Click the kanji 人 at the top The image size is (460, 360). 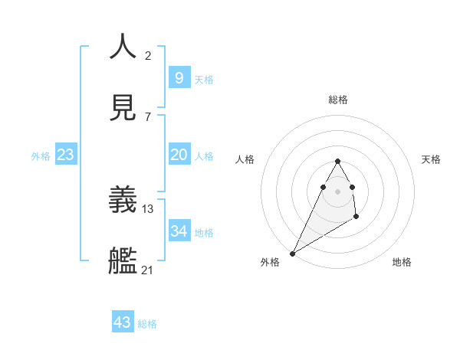pos(123,47)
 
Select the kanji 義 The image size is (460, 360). pos(123,201)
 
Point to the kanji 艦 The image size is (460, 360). pos(123,262)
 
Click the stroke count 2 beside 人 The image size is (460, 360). pos(148,55)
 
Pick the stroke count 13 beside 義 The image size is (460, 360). pos(148,208)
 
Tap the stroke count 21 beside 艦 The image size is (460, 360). pos(148,270)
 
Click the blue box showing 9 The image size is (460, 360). pos(179,77)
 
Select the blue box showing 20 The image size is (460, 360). pos(179,155)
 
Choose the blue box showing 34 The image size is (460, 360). pos(179,231)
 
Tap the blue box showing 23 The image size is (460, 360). pos(65,155)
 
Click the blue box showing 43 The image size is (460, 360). pos(123,322)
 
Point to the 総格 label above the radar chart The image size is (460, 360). pos(338,100)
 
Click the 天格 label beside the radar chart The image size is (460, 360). pos(431,159)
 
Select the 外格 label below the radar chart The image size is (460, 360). pos(270,262)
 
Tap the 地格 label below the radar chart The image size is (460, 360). pos(402,262)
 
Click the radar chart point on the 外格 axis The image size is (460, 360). pos(293,253)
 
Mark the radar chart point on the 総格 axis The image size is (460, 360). pos(338,161)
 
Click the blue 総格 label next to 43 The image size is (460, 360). pos(147,324)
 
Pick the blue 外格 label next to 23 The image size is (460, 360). pos(41,156)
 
